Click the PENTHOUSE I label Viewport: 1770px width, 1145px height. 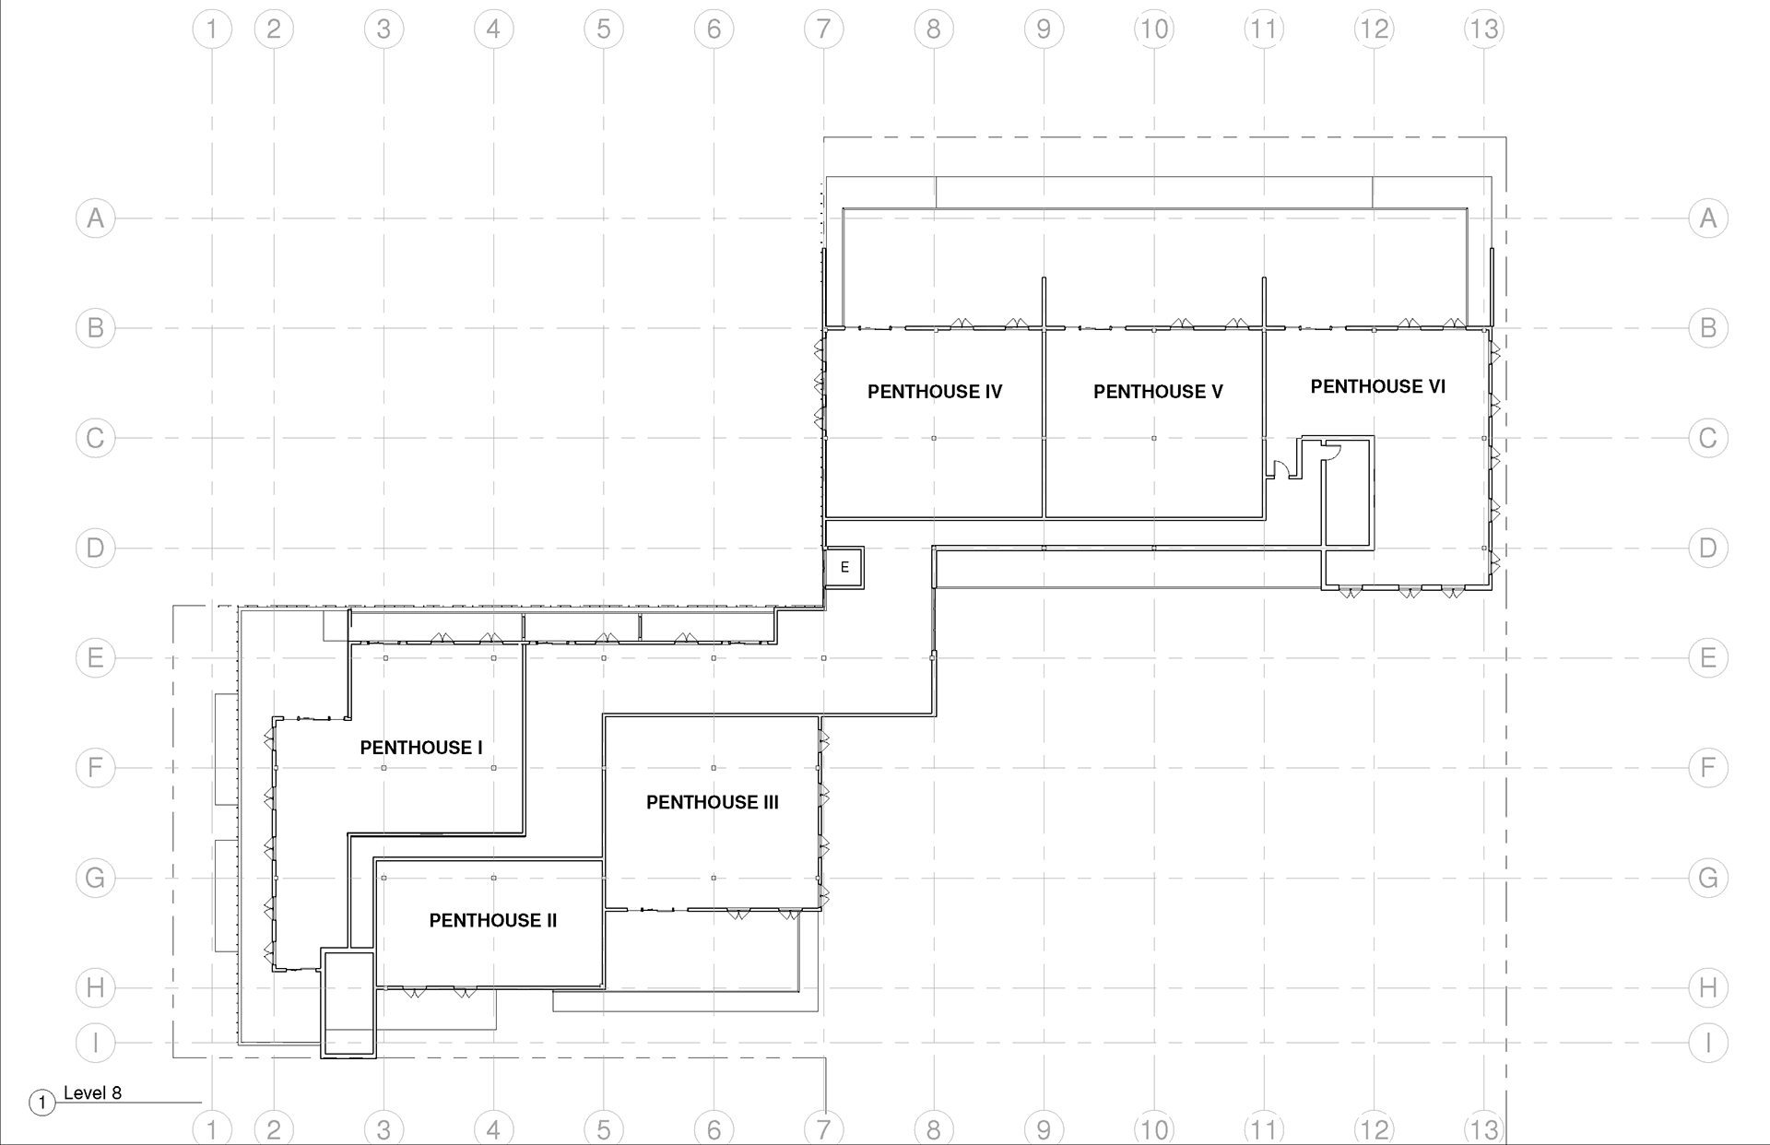pyautogui.click(x=421, y=748)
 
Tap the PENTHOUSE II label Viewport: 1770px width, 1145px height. pyautogui.click(x=493, y=920)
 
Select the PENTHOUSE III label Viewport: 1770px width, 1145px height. pyautogui.click(x=713, y=802)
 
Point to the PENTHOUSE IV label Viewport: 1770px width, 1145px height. pyautogui.click(x=935, y=392)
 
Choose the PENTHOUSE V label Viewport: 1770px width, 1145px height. pyautogui.click(x=1158, y=392)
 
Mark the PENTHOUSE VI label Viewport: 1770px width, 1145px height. pyautogui.click(x=1378, y=386)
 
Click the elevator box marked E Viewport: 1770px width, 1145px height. pyautogui.click(x=844, y=567)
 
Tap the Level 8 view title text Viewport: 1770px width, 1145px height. pyautogui.click(x=92, y=1093)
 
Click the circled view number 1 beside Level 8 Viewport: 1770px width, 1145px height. pyautogui.click(x=41, y=1103)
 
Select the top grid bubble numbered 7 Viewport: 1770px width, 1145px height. pyautogui.click(x=823, y=30)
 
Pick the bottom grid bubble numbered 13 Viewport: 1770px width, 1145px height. pyautogui.click(x=1483, y=1128)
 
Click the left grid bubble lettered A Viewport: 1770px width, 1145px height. pyautogui.click(x=95, y=218)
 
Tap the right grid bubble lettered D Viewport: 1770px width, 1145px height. pyautogui.click(x=1707, y=548)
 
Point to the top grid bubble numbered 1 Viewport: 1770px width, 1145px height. pyautogui.click(x=212, y=30)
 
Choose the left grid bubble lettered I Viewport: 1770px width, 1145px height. pyautogui.click(x=95, y=1043)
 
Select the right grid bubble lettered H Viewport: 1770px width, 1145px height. pyautogui.click(x=1707, y=987)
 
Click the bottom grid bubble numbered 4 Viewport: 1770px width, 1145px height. pyautogui.click(x=493, y=1128)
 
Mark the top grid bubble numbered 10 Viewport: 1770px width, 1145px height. pyautogui.click(x=1153, y=30)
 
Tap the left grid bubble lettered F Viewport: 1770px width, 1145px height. pyautogui.click(x=95, y=768)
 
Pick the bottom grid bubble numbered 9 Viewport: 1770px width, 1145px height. pyautogui.click(x=1044, y=1128)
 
